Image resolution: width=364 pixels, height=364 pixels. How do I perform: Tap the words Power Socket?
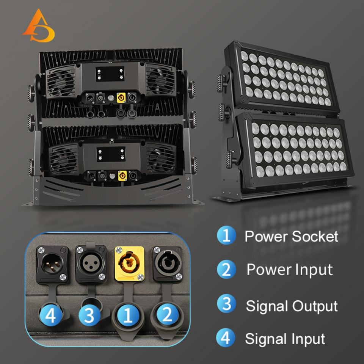[x=291, y=236]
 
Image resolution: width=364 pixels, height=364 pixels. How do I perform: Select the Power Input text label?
[x=289, y=270]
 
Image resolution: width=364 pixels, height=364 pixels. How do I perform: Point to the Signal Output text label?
[x=291, y=306]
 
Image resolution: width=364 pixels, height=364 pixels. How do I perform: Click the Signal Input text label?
[x=285, y=339]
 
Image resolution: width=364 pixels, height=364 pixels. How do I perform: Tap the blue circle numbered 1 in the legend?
[x=226, y=235]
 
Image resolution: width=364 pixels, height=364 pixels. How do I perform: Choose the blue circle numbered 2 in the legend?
[x=226, y=270]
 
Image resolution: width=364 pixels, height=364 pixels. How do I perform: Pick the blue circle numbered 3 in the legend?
[x=226, y=304]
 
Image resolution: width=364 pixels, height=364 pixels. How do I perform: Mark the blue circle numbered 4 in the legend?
[x=226, y=338]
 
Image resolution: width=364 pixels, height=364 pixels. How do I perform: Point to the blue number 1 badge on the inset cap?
[x=128, y=315]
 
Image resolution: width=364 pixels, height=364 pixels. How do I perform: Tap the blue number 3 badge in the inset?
[x=88, y=315]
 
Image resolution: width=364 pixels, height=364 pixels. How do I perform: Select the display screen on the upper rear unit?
[x=110, y=74]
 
